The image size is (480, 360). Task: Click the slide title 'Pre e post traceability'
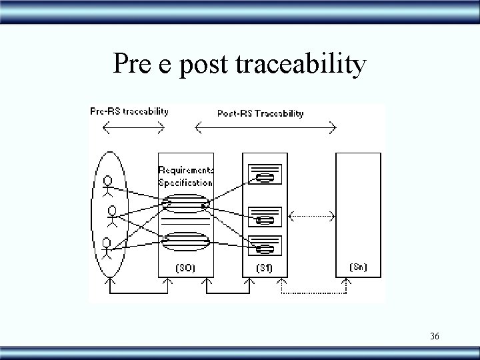[x=239, y=64]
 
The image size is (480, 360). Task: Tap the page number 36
[x=434, y=336]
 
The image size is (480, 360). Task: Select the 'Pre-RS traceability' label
[x=129, y=111]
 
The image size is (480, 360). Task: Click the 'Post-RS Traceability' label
[x=260, y=113]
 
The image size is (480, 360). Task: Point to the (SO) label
[x=185, y=268]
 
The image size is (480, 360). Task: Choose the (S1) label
[x=265, y=268]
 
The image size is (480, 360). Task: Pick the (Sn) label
[x=358, y=267]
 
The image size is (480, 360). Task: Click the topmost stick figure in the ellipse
[x=107, y=185]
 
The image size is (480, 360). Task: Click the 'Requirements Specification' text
[x=185, y=176]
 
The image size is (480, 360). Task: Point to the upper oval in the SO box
[x=186, y=203]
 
